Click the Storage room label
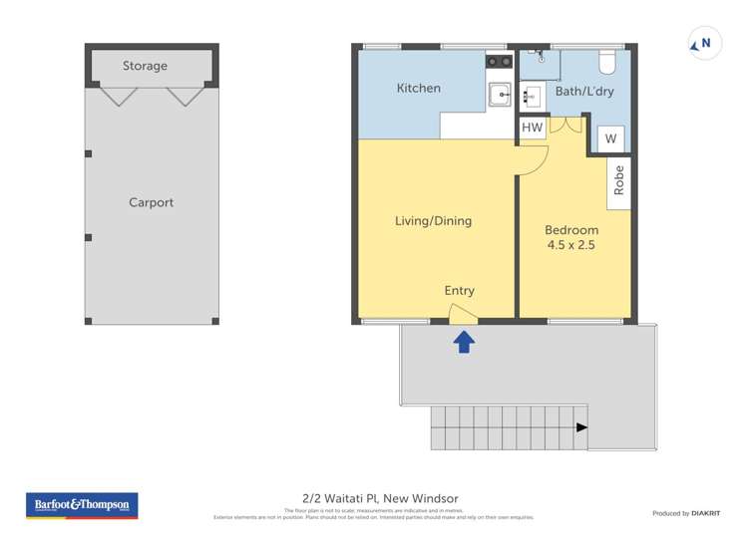(x=145, y=66)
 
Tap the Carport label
(x=151, y=202)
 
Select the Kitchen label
(x=418, y=89)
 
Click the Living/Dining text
(x=433, y=221)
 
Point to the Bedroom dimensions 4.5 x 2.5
(x=570, y=245)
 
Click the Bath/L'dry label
(x=584, y=92)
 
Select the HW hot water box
(x=532, y=128)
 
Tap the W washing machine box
(x=610, y=138)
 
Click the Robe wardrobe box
(x=618, y=179)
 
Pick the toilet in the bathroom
(x=606, y=63)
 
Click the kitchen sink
(x=499, y=95)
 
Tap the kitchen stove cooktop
(x=499, y=62)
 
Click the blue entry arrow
(x=464, y=342)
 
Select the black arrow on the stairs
(x=581, y=427)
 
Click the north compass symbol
(x=704, y=44)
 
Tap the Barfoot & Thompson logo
(x=82, y=505)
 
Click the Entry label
(x=459, y=291)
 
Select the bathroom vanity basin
(x=532, y=97)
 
